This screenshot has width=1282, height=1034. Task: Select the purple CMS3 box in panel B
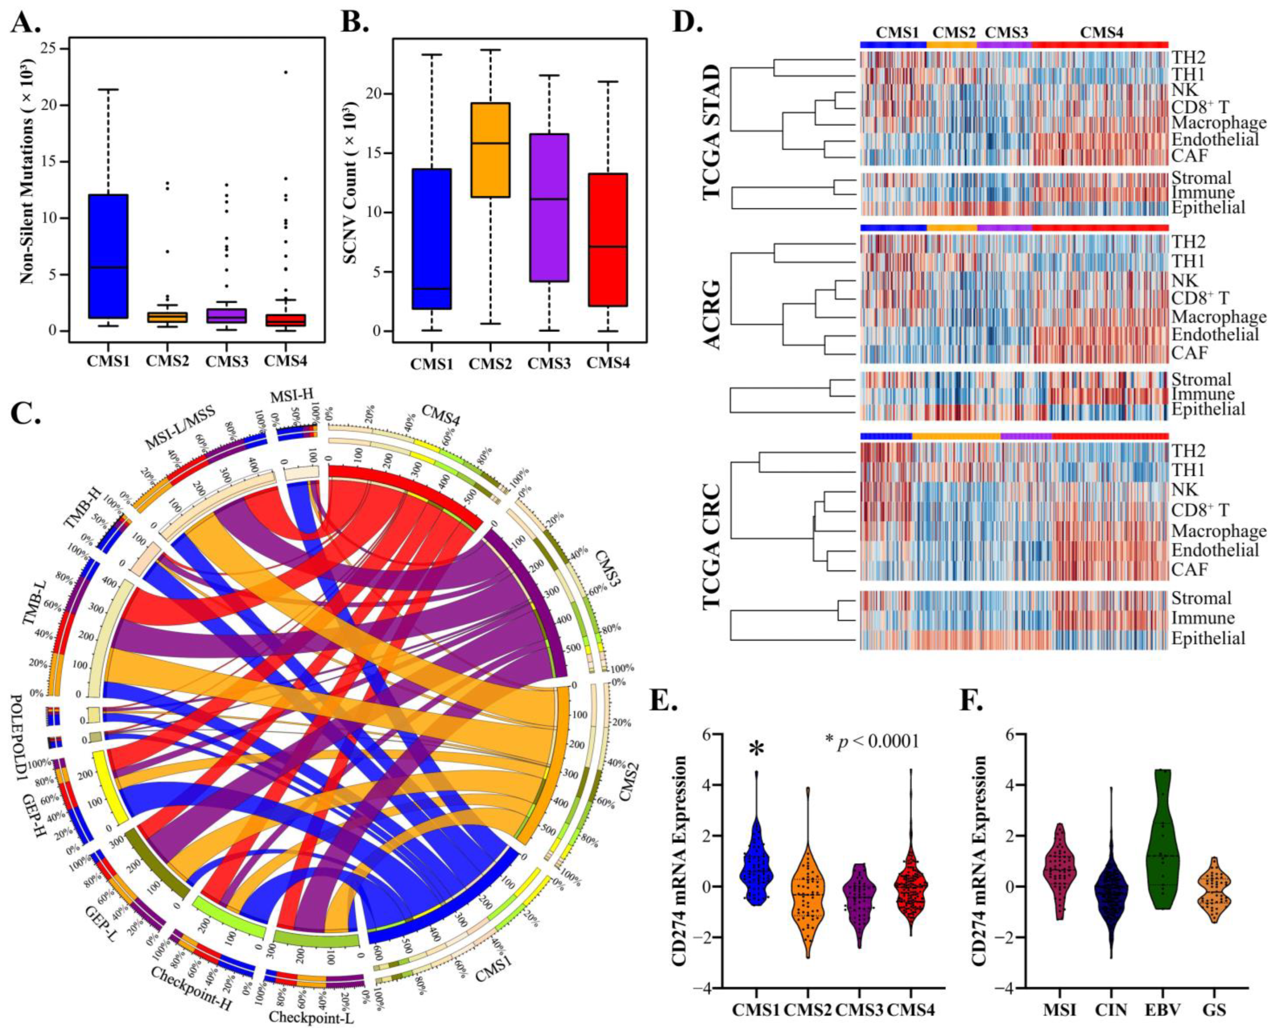click(548, 207)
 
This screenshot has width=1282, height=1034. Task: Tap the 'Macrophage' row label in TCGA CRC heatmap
click(1218, 531)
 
